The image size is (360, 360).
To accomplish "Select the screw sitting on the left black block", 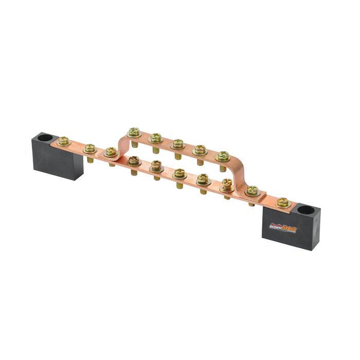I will (64, 140).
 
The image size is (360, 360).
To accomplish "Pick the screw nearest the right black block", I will (282, 202).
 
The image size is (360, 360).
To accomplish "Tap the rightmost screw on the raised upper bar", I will (223, 155).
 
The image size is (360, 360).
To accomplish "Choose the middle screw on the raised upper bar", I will (178, 143).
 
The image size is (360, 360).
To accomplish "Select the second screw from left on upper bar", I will (156, 137).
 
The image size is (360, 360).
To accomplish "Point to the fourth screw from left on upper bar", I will (200, 150).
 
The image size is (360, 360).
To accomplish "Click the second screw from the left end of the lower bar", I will (89, 148).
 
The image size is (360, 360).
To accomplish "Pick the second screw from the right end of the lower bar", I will (252, 190).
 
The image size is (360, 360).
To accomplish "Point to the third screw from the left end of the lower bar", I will (111, 152).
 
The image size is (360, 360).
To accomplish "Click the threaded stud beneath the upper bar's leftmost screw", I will (134, 144).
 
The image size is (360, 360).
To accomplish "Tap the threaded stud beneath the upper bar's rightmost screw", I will (223, 167).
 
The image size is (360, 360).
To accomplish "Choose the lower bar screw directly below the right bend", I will (227, 184).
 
